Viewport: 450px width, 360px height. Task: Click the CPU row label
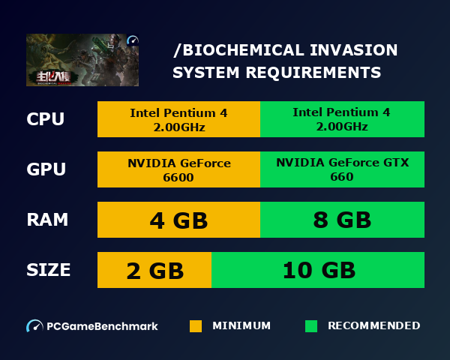pos(45,119)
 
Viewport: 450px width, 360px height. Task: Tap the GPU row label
pos(46,169)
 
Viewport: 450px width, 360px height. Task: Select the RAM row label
pos(47,220)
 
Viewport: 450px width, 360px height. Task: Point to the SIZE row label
pos(49,270)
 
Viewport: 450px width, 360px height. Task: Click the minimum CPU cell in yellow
pos(178,119)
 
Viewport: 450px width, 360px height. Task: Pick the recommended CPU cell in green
pos(342,119)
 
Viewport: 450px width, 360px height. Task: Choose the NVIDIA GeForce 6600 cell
pos(178,169)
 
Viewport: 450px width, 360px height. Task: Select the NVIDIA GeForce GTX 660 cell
pos(342,169)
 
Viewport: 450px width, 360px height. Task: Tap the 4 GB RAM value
pos(178,220)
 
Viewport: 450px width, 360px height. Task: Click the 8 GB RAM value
pos(342,220)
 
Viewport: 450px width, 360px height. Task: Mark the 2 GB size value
pos(154,270)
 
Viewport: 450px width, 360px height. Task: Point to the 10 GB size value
pos(318,270)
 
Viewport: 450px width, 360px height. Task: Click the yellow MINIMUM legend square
pos(196,326)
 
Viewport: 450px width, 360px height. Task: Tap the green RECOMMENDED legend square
pos(311,326)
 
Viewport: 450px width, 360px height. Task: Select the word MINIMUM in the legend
pos(241,326)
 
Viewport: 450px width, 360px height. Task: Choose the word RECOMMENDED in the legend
pos(373,326)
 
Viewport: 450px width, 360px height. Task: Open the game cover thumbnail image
pos(82,60)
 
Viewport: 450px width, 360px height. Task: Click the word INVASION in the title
pos(356,51)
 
